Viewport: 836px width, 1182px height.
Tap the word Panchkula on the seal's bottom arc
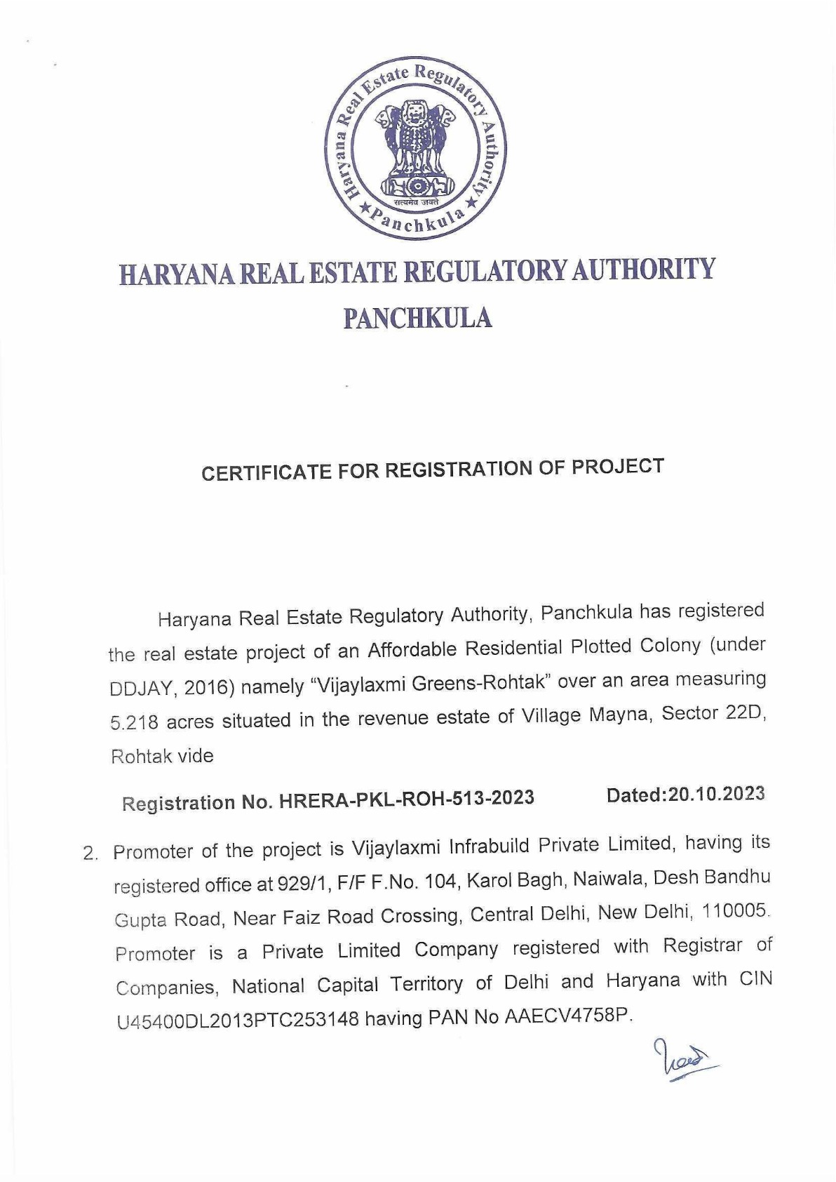pyautogui.click(x=418, y=221)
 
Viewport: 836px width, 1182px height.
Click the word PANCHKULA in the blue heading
pyautogui.click(x=417, y=318)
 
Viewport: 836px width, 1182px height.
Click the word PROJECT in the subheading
pyautogui.click(x=618, y=467)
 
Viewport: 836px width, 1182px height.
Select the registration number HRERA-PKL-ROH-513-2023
pyautogui.click(x=406, y=799)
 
